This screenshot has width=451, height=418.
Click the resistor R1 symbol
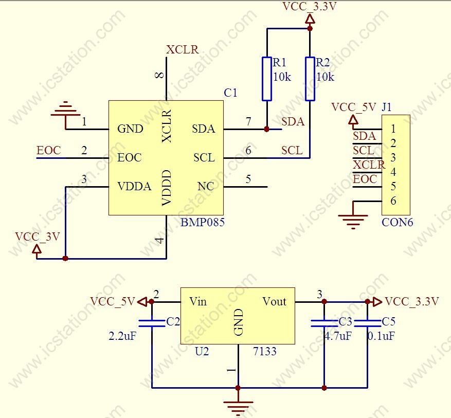click(x=266, y=79)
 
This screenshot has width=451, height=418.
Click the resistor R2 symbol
click(x=310, y=79)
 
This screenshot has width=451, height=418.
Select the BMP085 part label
click(x=203, y=223)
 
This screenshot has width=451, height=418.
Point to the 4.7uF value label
click(x=337, y=336)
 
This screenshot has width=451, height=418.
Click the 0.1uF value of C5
click(x=381, y=336)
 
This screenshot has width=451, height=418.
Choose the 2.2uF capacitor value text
click(x=123, y=336)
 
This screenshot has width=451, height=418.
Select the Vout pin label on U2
click(x=274, y=301)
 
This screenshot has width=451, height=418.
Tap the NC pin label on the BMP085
click(x=206, y=186)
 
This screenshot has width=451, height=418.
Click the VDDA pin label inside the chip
click(x=134, y=186)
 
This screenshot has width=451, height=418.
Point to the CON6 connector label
click(x=397, y=223)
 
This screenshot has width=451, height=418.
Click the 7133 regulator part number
click(x=265, y=352)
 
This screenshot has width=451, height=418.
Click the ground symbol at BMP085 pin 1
click(x=65, y=110)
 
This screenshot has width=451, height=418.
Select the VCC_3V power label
click(x=38, y=237)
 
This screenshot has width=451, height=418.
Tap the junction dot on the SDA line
click(x=266, y=129)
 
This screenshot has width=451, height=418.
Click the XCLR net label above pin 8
click(x=182, y=50)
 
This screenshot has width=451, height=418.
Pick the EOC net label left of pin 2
click(x=48, y=151)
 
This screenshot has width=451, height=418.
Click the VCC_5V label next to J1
click(x=353, y=107)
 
